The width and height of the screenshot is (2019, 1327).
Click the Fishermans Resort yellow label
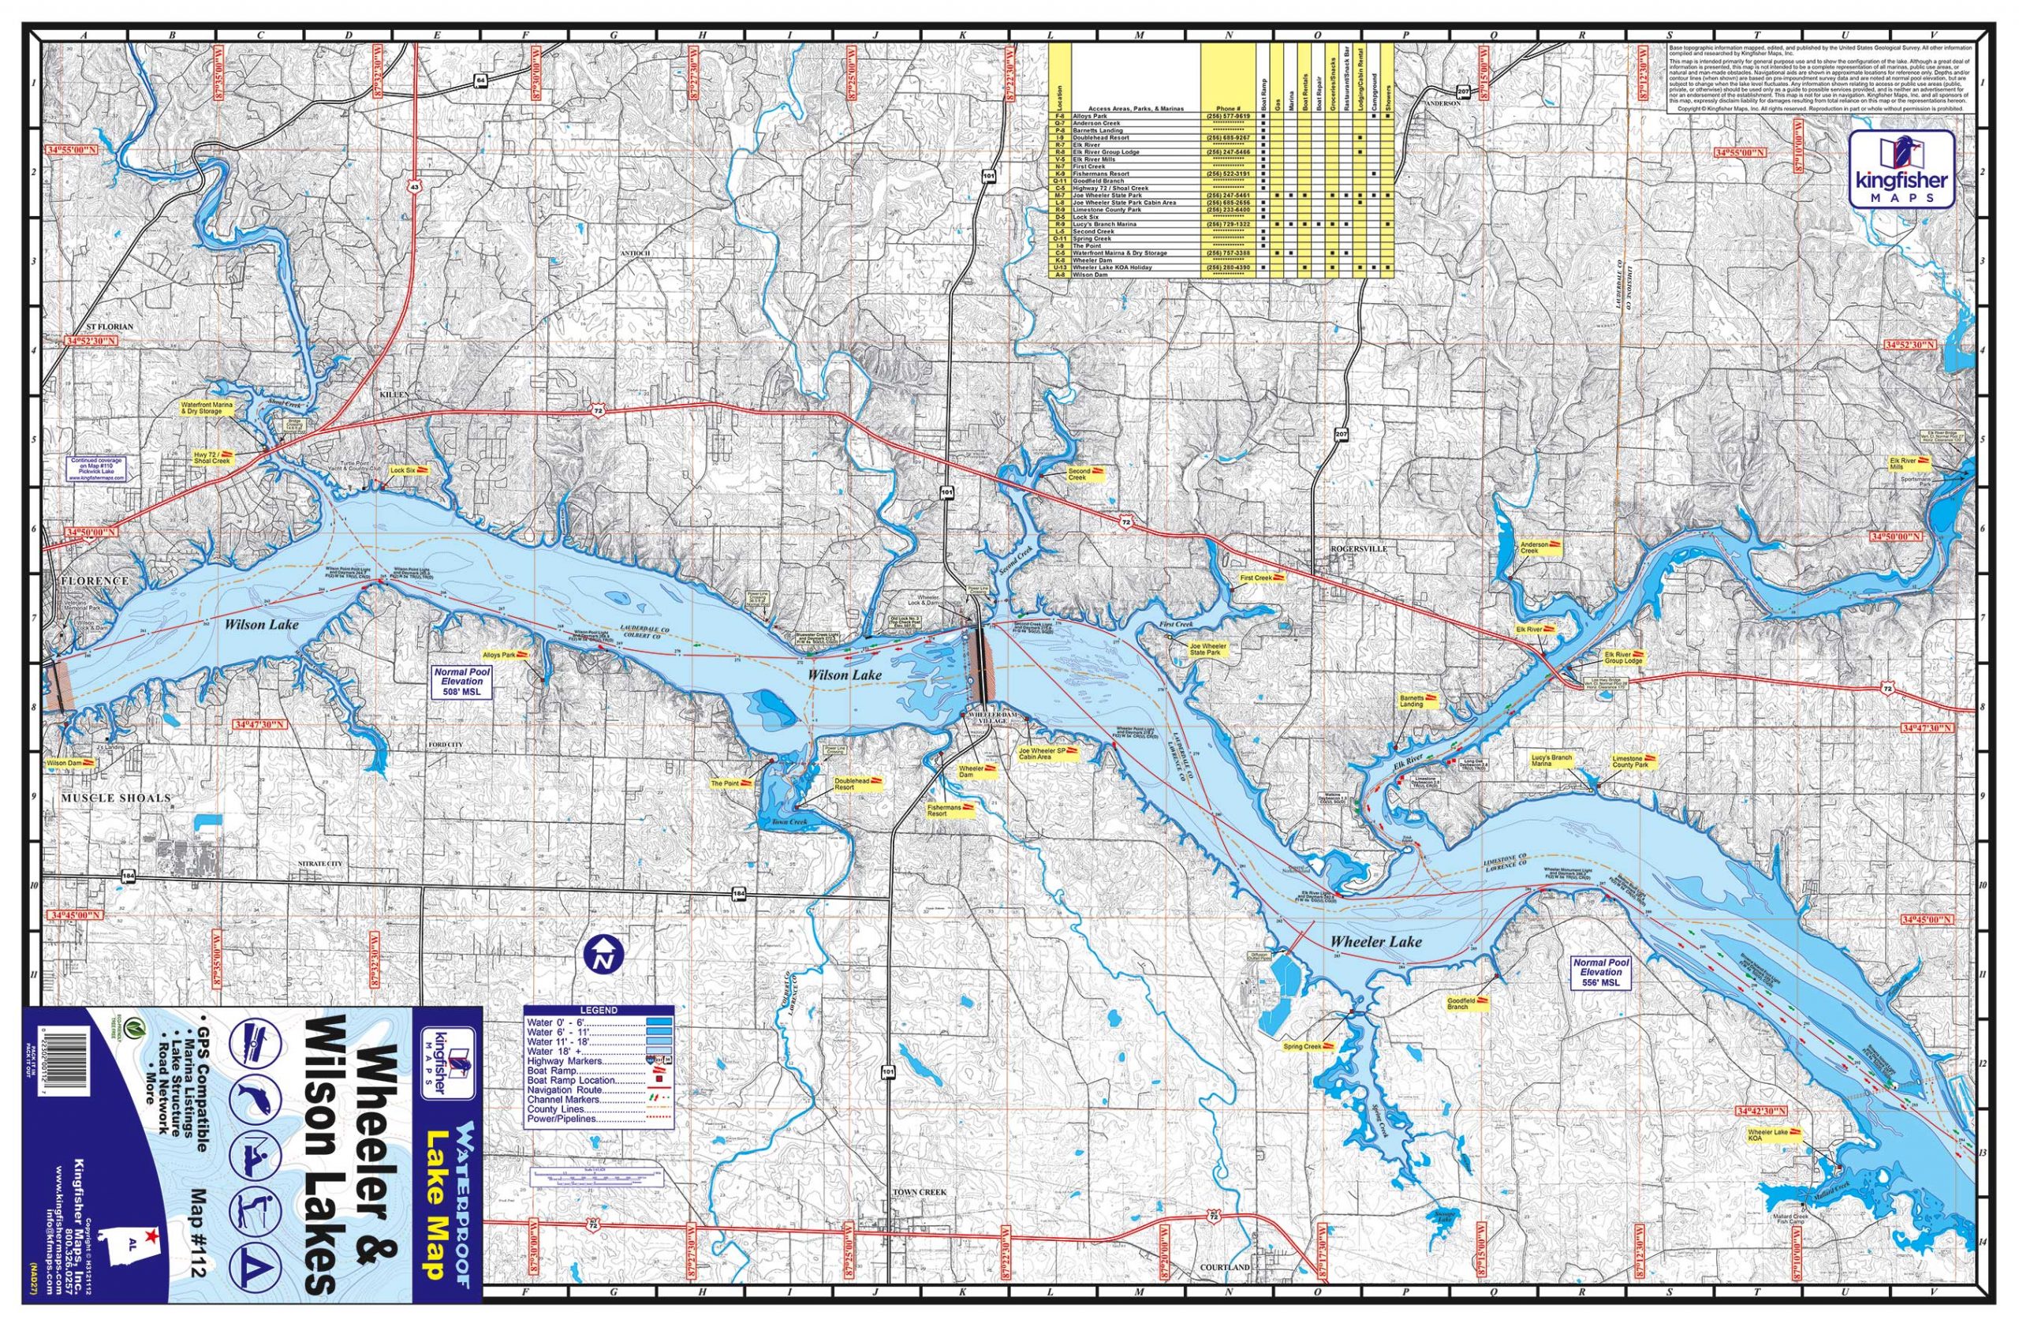click(x=950, y=811)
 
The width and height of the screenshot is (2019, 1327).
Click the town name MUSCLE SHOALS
click(x=115, y=798)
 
